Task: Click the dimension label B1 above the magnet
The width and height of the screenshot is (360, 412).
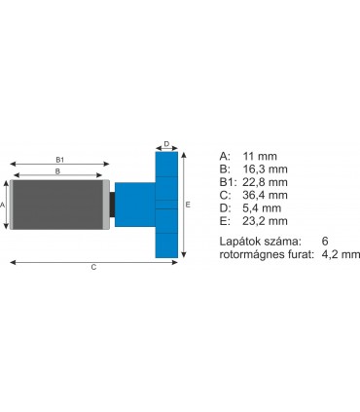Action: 59,159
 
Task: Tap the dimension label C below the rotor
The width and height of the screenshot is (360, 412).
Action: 93,266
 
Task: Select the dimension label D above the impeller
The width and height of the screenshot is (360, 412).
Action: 166,143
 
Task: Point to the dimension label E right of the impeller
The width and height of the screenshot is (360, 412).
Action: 187,205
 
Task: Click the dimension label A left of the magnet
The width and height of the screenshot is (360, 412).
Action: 4,205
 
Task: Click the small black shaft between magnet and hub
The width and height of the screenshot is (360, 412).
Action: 112,205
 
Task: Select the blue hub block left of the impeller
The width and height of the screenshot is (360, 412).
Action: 133,205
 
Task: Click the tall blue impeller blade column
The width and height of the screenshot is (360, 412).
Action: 166,205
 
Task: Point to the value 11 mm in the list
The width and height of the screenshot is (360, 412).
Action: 263,154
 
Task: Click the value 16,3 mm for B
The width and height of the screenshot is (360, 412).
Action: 268,168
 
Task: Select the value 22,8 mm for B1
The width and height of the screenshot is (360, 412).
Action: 268,181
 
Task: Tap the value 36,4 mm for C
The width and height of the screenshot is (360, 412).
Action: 268,195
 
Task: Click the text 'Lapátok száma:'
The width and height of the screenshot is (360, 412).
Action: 261,241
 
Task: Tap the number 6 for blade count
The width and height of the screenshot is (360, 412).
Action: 325,241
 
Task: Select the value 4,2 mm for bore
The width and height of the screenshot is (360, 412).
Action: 341,254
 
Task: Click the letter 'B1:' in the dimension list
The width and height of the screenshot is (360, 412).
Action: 230,181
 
